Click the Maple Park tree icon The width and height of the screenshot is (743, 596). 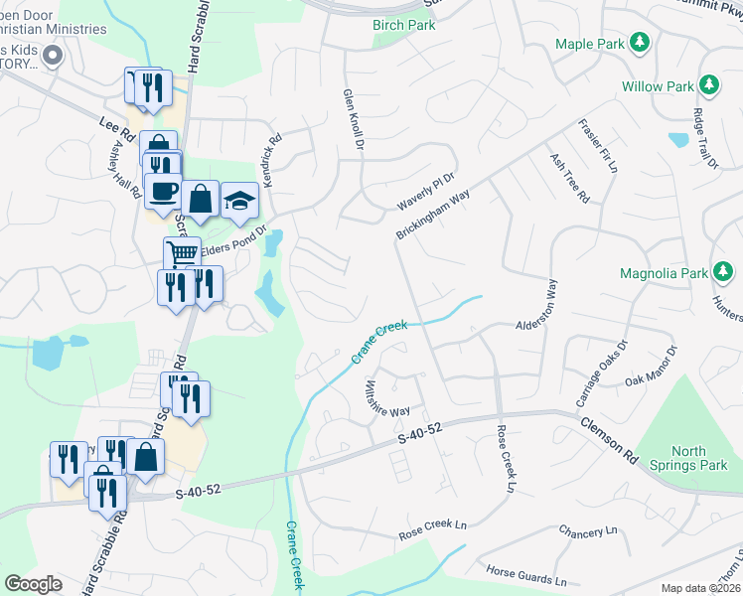pos(642,43)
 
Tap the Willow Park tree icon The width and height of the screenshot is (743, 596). pos(710,85)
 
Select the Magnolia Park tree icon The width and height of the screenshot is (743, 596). pos(724,272)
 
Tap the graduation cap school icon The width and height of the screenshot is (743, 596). pos(239,200)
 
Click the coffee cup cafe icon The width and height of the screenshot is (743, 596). pos(163,190)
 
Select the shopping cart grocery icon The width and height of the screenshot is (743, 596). pos(182,254)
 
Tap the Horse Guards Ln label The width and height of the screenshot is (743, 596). pos(526,574)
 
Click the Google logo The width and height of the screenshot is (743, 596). pos(33,584)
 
